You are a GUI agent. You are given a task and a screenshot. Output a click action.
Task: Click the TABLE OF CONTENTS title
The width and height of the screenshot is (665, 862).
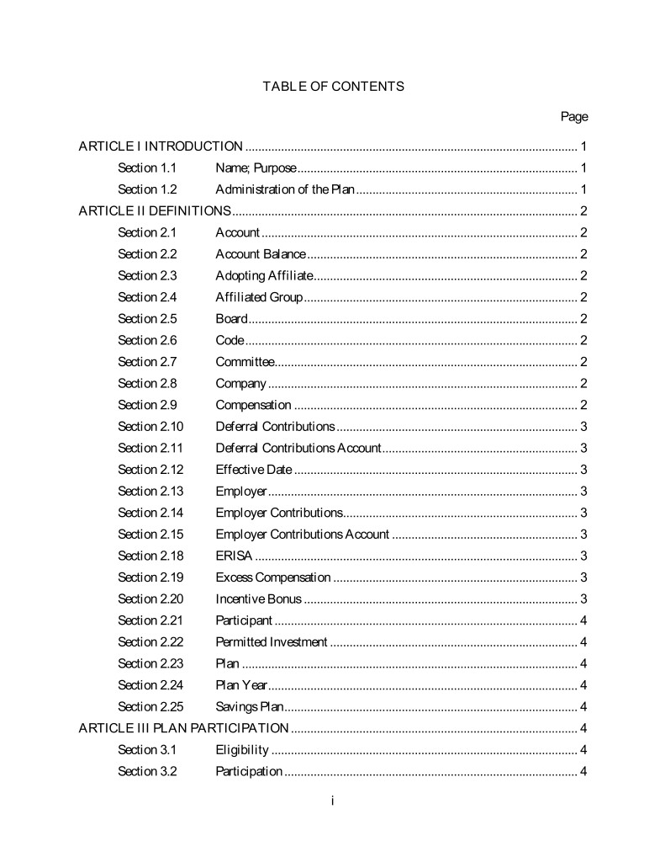tap(333, 86)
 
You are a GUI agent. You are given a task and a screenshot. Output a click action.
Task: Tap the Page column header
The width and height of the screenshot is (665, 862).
tap(574, 116)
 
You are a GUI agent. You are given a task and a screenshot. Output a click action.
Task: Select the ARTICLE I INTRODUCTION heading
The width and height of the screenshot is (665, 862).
tap(161, 146)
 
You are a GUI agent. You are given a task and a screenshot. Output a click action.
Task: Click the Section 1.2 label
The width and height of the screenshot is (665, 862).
tap(147, 189)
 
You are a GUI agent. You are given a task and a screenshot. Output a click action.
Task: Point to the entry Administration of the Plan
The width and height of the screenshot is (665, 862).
tap(284, 189)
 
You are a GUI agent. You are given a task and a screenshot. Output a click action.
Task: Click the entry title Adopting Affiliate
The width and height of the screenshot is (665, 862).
tap(265, 275)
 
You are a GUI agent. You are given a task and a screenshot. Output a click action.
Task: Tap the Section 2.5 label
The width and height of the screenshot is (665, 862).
tap(147, 318)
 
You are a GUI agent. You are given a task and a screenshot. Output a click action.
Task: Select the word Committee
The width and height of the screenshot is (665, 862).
tap(245, 362)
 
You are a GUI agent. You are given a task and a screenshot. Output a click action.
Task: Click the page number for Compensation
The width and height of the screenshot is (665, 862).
tap(583, 405)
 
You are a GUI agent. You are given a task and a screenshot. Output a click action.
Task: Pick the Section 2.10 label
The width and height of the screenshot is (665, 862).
tap(150, 426)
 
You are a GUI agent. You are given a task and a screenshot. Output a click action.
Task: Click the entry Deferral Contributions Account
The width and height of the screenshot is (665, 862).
tap(298, 448)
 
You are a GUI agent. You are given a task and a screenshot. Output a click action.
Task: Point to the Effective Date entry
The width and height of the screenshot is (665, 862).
tap(254, 470)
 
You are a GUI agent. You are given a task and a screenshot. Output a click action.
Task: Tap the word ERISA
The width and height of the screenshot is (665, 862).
tap(235, 556)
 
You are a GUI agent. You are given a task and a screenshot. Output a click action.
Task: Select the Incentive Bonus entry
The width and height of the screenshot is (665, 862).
tap(258, 599)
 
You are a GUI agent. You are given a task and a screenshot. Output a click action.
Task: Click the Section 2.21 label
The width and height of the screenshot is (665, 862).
tap(150, 620)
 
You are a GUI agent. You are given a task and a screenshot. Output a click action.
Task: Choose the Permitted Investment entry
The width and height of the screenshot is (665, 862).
tap(271, 641)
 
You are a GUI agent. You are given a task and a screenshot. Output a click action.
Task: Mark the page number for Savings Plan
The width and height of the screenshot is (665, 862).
tap(583, 706)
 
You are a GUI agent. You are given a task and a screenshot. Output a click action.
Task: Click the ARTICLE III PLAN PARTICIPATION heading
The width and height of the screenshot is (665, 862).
tap(183, 728)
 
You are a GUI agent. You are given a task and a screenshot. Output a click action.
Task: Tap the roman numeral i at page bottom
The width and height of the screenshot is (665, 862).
tap(333, 801)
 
